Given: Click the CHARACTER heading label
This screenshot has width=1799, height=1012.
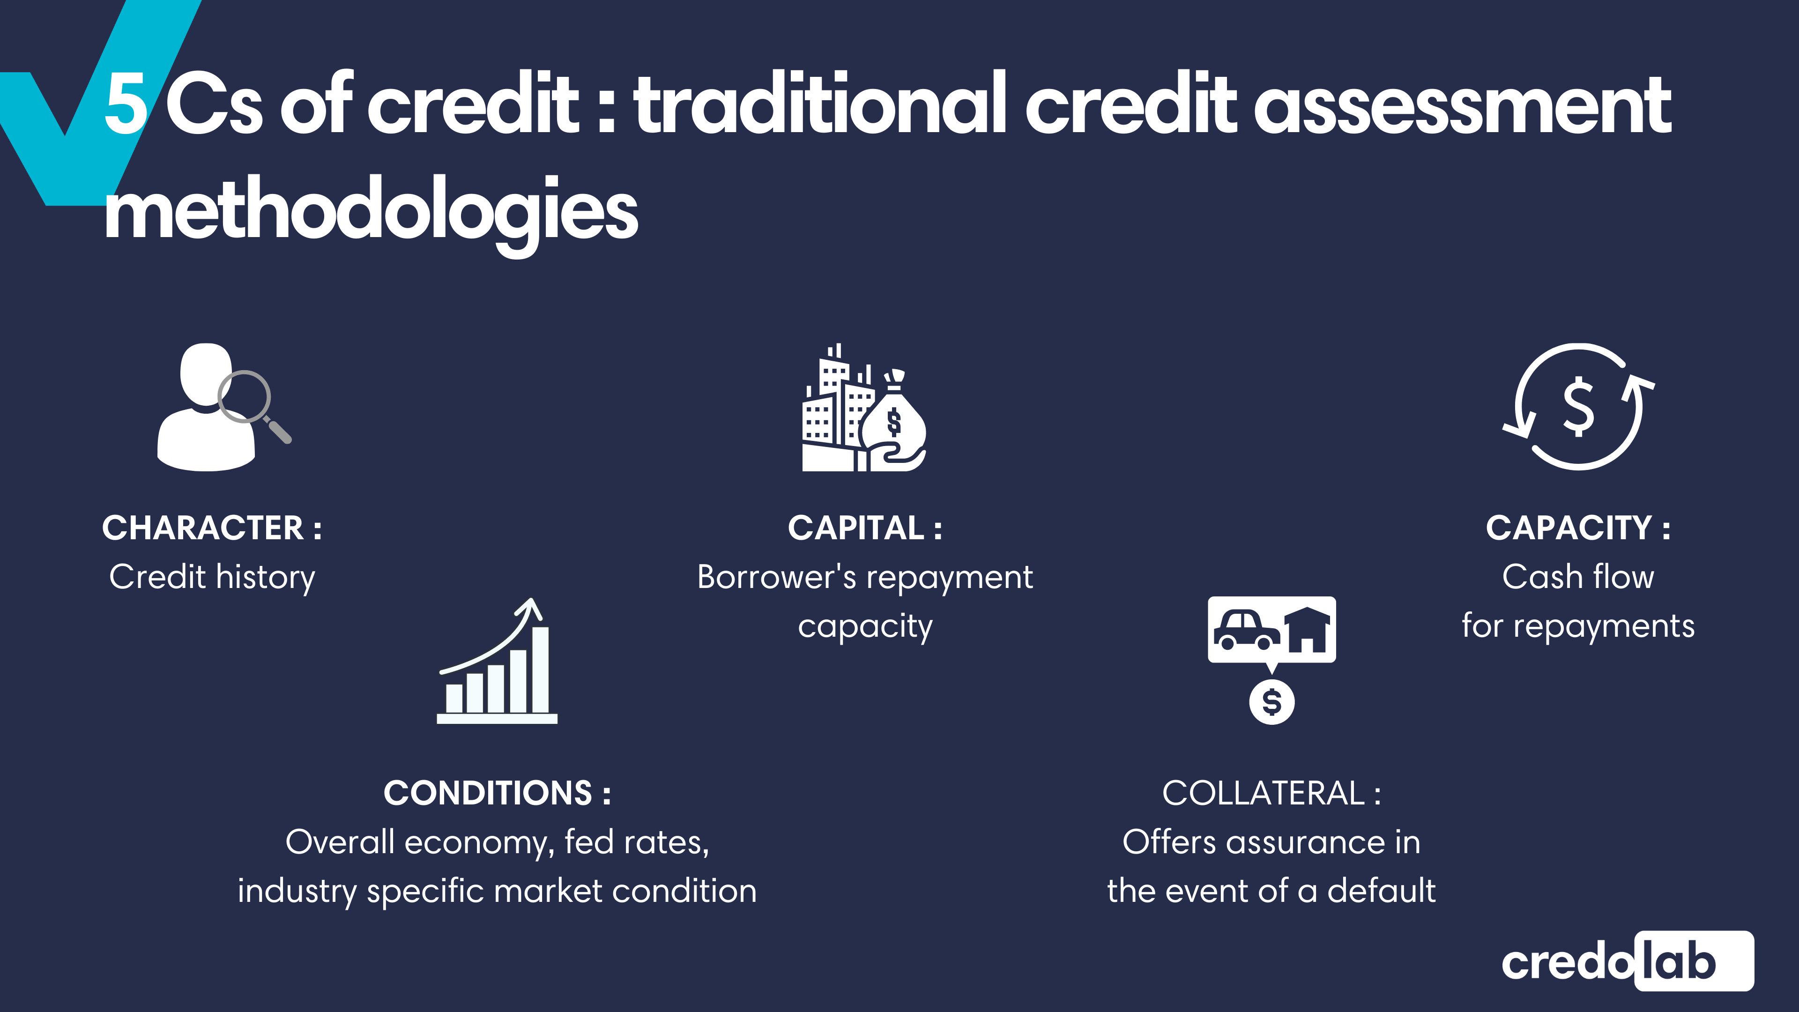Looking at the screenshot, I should pyautogui.click(x=212, y=528).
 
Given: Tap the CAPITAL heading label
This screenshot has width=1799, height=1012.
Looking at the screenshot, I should pyautogui.click(x=864, y=528).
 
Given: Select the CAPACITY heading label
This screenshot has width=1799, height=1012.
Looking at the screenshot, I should pyautogui.click(x=1577, y=528).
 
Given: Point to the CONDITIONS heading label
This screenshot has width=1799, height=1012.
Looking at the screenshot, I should pyautogui.click(x=497, y=793).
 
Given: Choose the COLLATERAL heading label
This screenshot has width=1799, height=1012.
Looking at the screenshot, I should pyautogui.click(x=1271, y=793).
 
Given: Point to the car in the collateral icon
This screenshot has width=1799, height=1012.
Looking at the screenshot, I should pyautogui.click(x=1245, y=630).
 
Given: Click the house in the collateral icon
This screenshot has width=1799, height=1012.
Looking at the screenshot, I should pyautogui.click(x=1308, y=630).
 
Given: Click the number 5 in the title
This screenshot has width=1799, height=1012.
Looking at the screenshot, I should pyautogui.click(x=126, y=105).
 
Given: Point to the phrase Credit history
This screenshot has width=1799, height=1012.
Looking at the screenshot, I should pyautogui.click(x=212, y=577).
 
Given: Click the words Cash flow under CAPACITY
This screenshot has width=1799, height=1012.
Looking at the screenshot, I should pyautogui.click(x=1577, y=577).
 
